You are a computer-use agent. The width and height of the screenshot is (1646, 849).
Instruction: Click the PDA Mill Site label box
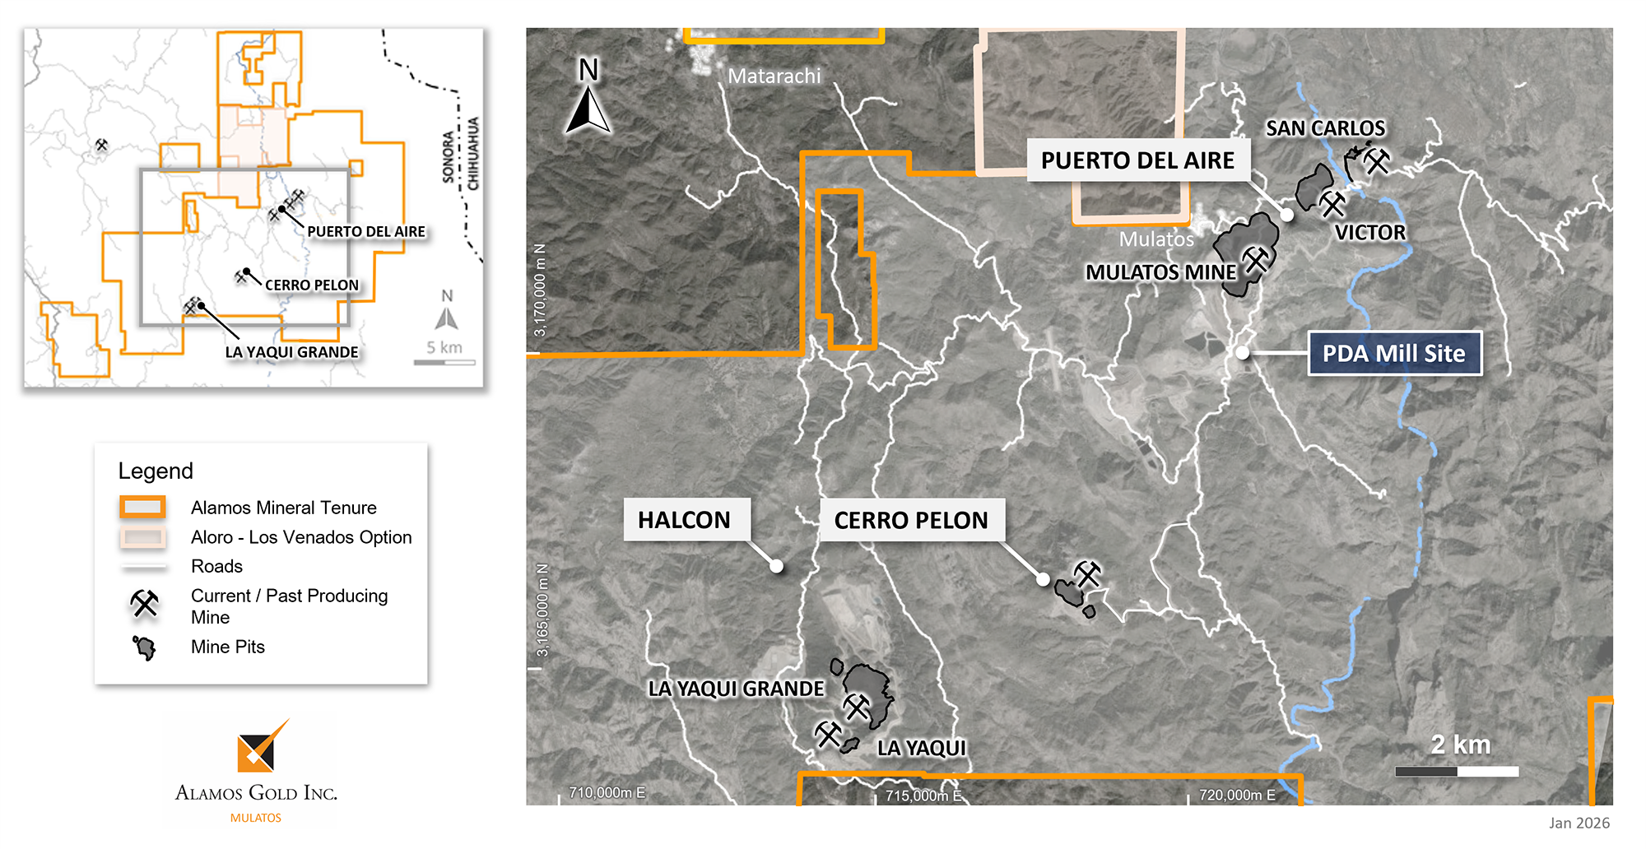coord(1394,354)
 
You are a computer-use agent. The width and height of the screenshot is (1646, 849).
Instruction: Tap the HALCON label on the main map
coord(685,520)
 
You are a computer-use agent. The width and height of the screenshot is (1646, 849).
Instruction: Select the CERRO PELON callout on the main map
coord(911,520)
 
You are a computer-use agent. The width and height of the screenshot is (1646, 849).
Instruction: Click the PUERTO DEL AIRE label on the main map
coord(1137,160)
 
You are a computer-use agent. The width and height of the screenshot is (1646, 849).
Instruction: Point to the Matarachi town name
coord(774,77)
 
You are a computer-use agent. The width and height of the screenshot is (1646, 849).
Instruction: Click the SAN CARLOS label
coord(1325,128)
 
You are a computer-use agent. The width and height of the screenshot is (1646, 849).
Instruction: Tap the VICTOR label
coord(1369,233)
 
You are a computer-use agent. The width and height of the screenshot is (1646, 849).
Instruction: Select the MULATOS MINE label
coord(1160,272)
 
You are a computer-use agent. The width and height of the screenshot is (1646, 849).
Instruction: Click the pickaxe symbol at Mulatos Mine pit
coord(1257,260)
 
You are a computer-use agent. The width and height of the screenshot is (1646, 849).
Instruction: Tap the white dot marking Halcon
coord(776,566)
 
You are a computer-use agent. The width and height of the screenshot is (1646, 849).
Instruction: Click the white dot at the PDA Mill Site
coord(1243,353)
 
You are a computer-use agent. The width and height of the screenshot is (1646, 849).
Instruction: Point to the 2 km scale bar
coord(1457,771)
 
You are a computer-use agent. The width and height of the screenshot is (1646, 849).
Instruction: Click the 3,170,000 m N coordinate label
coord(540,290)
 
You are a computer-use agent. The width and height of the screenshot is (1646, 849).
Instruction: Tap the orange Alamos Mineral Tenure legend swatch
coord(142,508)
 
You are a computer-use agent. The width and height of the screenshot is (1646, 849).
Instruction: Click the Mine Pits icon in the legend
coord(145,648)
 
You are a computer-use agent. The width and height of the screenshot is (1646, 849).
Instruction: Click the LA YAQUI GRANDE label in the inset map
coord(291,352)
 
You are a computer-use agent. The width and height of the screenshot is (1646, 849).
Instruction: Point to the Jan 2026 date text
coord(1579,823)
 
